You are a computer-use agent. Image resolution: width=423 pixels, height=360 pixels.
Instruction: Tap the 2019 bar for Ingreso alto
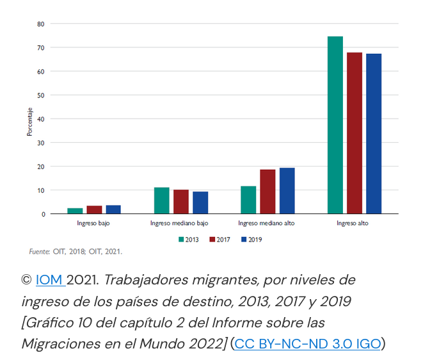374,134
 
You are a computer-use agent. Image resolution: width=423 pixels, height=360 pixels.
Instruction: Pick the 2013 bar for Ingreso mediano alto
248,200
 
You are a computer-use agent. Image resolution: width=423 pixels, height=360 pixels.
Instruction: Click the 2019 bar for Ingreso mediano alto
287,191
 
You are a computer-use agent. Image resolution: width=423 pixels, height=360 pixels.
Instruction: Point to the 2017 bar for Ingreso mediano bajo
181,202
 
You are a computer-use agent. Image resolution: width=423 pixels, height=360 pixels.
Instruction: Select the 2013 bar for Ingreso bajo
75,211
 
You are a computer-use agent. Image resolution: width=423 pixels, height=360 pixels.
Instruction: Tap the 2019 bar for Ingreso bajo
113,209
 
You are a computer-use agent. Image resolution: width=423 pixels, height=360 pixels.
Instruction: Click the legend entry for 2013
188,240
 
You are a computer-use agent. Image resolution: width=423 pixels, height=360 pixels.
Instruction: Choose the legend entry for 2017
219,240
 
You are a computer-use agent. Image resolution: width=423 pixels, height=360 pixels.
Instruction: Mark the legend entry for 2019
251,240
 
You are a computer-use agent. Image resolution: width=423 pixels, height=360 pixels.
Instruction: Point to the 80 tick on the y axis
41,24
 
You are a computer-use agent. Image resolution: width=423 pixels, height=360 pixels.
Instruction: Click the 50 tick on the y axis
41,95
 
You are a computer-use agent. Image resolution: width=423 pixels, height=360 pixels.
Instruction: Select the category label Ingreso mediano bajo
179,224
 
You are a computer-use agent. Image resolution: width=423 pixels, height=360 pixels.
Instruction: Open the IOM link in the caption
49,280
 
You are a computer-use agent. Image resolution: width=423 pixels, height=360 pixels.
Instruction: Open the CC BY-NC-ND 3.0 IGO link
307,343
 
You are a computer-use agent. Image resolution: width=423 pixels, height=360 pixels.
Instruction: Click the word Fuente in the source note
39,252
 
